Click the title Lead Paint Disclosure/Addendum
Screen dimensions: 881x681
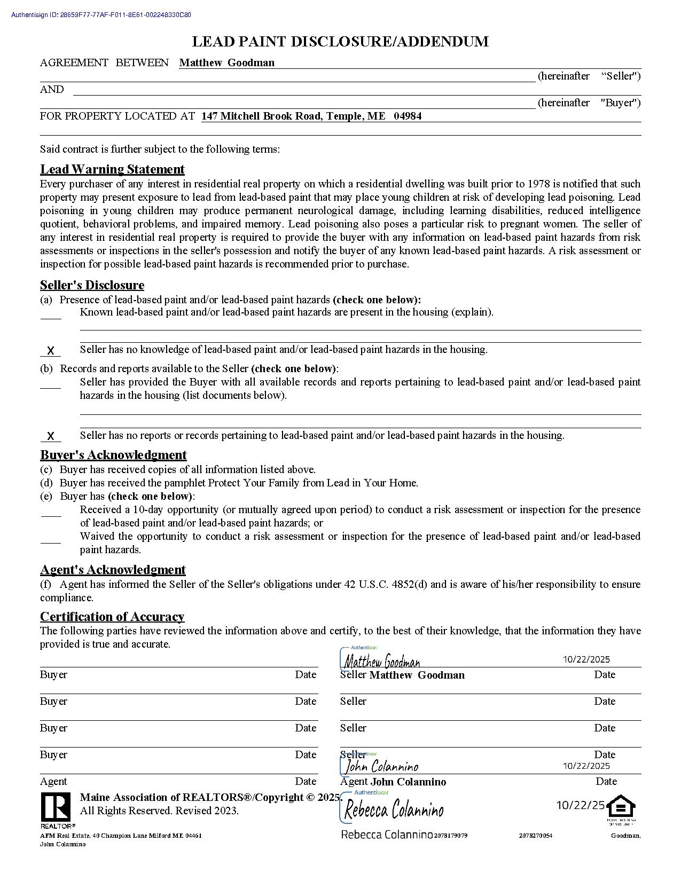[x=340, y=42]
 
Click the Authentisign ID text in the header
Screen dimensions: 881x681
[x=101, y=15]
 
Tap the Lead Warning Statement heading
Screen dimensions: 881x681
[x=112, y=169]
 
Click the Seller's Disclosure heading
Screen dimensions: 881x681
[x=92, y=285]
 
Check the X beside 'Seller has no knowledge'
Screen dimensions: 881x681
[x=51, y=351]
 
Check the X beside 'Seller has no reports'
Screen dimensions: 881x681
[x=51, y=436]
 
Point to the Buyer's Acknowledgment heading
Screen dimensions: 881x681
[x=113, y=455]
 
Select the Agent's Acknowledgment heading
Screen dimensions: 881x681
[x=113, y=570]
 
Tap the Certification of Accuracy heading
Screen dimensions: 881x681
[x=112, y=617]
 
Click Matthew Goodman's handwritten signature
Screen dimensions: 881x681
[x=382, y=662]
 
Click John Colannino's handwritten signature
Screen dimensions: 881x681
[x=381, y=767]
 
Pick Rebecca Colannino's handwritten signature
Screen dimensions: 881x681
[x=394, y=811]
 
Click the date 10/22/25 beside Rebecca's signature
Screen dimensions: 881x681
[x=581, y=805]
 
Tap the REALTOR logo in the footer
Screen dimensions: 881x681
[x=56, y=807]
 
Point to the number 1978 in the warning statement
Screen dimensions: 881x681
[x=539, y=184]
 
